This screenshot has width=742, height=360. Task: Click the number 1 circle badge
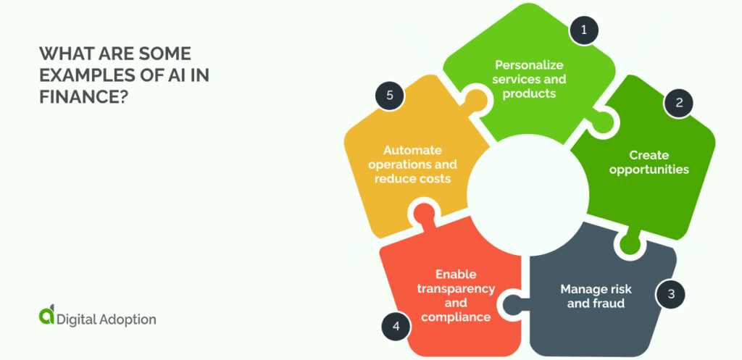(583, 30)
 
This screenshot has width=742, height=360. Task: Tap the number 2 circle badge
(679, 103)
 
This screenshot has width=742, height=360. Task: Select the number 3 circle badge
(670, 294)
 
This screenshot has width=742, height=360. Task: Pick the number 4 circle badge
(396, 327)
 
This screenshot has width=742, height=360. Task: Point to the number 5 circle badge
(389, 95)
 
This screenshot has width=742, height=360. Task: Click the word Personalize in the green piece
(529, 64)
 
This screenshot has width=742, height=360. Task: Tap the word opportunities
(649, 169)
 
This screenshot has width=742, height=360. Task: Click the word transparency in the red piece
(456, 288)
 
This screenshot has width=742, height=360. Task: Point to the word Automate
(412, 150)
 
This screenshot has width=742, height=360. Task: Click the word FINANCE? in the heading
(84, 96)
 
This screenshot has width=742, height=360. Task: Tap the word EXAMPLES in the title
(83, 75)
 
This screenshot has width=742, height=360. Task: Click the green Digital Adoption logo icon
(46, 314)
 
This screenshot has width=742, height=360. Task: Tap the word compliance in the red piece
(456, 317)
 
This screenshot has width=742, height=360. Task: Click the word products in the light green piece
(529, 93)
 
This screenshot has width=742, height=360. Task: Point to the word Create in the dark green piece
(649, 155)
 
